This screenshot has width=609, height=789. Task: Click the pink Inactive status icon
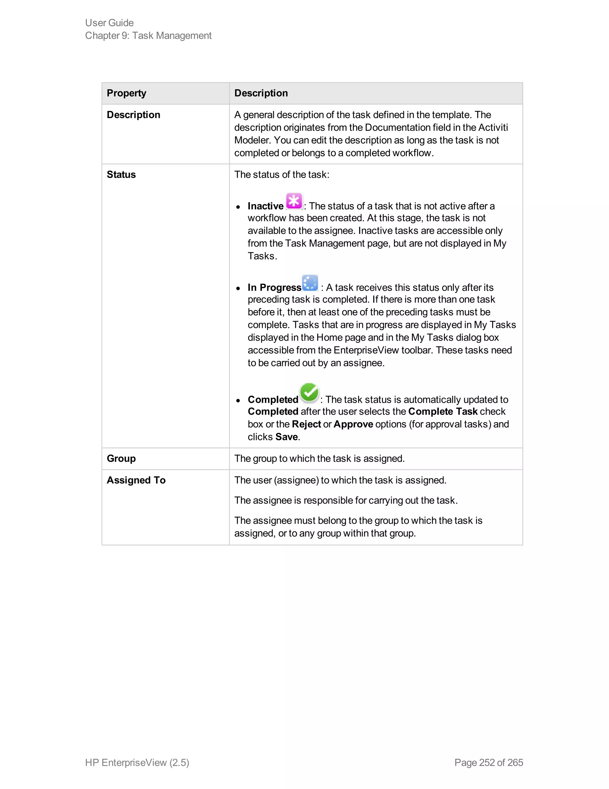click(x=294, y=201)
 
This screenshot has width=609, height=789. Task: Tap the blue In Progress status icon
click(x=310, y=283)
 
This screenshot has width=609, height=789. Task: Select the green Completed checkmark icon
click(x=309, y=393)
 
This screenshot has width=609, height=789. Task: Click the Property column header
click(x=126, y=93)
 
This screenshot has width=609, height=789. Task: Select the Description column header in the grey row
click(x=261, y=93)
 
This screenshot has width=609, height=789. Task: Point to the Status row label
click(x=121, y=174)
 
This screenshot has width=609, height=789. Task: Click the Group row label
click(x=121, y=459)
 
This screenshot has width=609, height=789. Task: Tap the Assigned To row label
click(x=136, y=480)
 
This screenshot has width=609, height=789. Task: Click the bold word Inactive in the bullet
click(x=266, y=206)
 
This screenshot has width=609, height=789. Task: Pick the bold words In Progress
click(x=274, y=288)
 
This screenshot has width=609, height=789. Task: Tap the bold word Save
click(x=286, y=437)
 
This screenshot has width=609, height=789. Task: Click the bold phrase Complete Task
click(x=443, y=411)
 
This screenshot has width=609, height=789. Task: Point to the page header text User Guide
click(x=109, y=23)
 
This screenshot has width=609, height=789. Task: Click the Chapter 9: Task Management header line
click(x=148, y=35)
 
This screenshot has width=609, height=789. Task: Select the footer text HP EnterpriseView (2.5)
click(x=137, y=762)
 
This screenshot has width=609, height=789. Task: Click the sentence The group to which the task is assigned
click(x=319, y=459)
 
